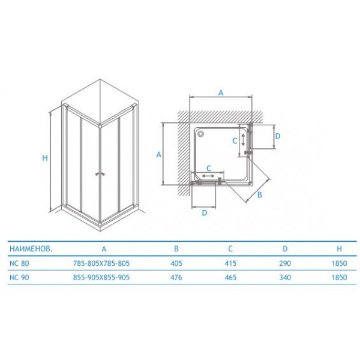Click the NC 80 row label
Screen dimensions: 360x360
tap(19, 263)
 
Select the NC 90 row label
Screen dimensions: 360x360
tap(19, 277)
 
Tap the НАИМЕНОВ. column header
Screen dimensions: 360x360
tap(31, 249)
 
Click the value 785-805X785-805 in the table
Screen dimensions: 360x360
tap(101, 263)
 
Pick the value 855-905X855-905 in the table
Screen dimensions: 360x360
tap(101, 277)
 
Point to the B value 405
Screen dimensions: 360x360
tap(176, 263)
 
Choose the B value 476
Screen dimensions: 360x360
tap(176, 277)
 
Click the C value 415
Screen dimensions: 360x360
tap(230, 263)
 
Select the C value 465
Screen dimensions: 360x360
tap(230, 277)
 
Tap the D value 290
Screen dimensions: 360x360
tap(285, 263)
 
